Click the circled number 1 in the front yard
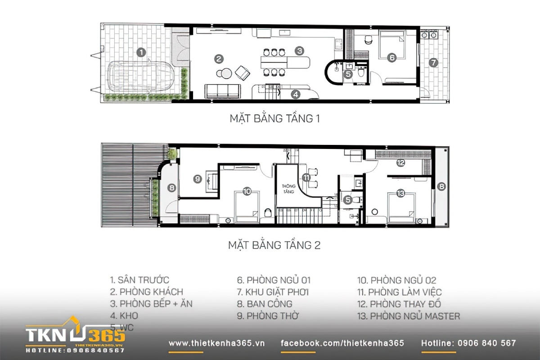141,52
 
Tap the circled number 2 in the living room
219,58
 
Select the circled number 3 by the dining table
300,51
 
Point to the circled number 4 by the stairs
295,94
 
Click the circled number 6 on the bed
391,58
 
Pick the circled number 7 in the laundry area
433,63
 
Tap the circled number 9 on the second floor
197,179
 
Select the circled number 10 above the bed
246,191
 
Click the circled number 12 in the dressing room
400,162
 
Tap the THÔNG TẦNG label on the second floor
288,189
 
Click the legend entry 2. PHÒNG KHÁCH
147,292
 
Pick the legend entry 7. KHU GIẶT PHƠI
273,292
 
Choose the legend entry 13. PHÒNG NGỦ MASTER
409,316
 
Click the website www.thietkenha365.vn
217,343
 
